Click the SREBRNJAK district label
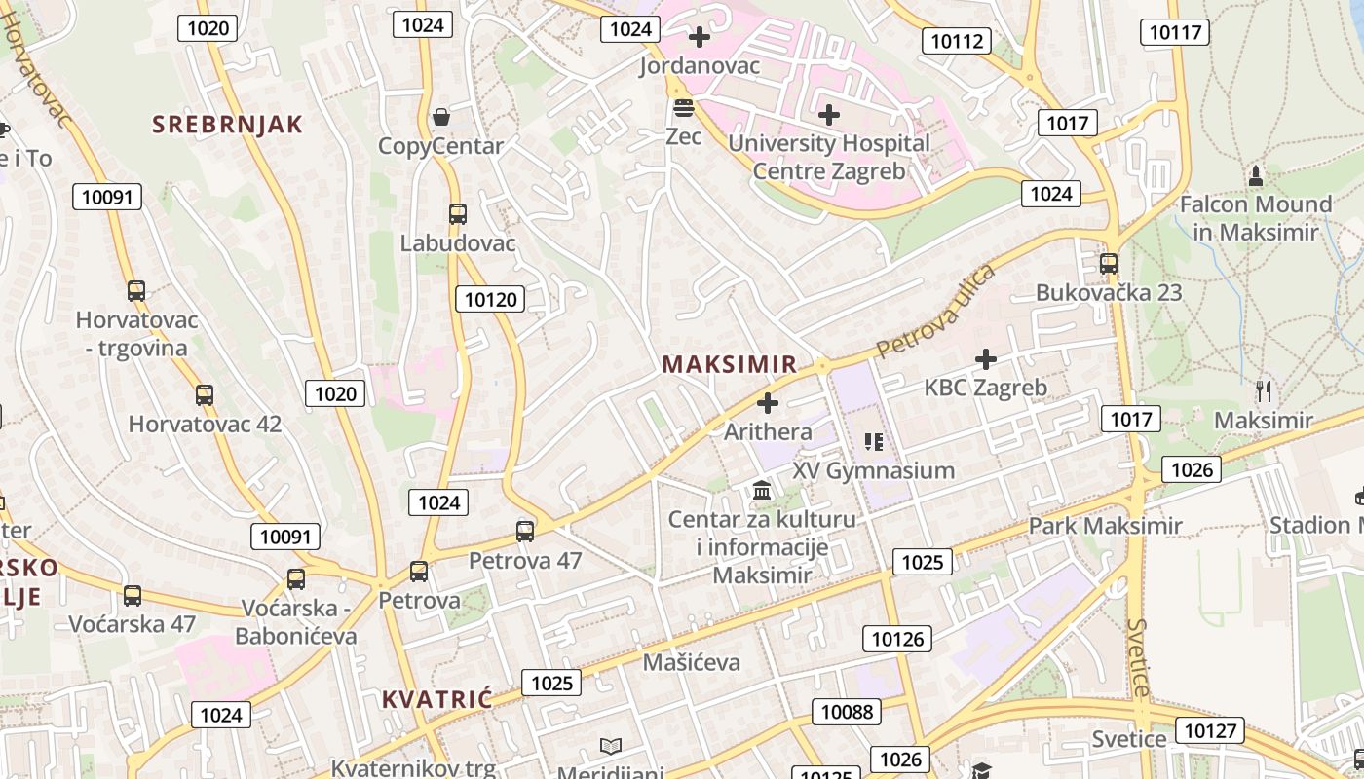227,125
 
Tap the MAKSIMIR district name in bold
729,364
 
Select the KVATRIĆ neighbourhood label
436,699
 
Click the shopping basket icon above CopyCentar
441,117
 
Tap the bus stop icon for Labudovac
457,214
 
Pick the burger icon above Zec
683,107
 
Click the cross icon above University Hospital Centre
828,115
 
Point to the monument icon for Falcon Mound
1256,176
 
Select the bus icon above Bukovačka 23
1108,264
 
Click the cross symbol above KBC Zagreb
986,359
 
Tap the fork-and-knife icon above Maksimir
1264,391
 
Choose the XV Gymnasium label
873,470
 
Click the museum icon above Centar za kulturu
762,489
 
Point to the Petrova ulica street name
934,311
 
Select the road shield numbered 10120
490,299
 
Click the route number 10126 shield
896,639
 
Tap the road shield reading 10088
847,712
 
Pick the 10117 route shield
1175,32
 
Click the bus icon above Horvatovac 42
204,395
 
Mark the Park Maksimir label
1105,526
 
